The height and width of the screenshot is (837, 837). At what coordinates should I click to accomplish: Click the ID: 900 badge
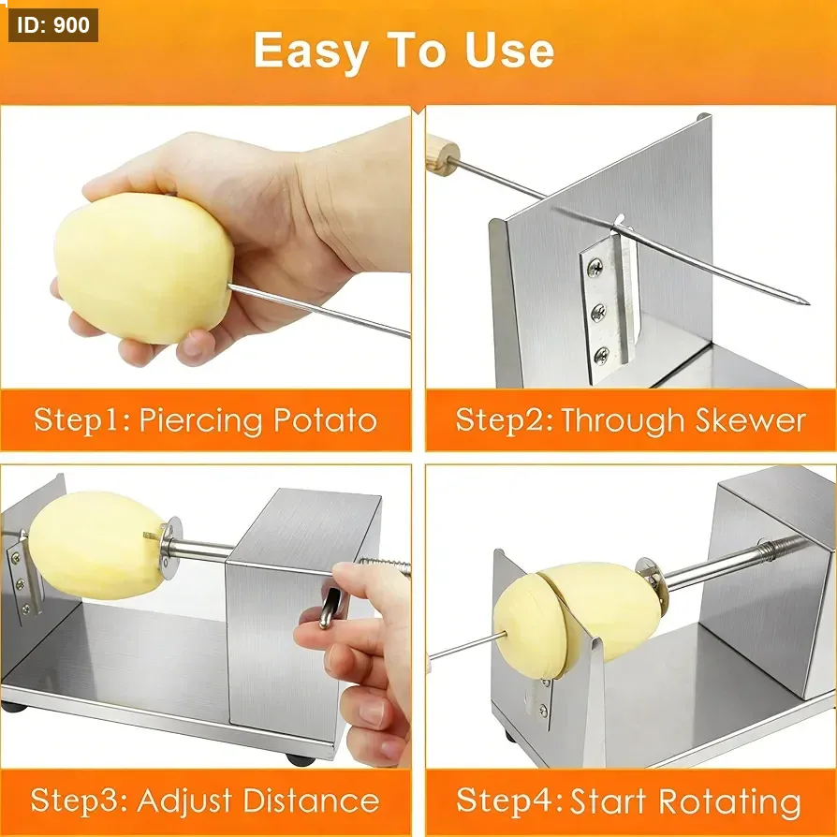pos(53,25)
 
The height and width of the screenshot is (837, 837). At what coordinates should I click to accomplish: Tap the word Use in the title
pos(509,51)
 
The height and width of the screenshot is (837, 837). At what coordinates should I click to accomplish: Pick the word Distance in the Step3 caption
pos(311,800)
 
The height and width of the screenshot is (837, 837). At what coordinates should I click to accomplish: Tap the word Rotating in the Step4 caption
pos(729,802)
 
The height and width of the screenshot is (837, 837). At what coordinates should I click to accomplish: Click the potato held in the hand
pos(143,268)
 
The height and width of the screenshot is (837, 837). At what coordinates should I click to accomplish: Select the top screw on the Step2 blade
pos(595,268)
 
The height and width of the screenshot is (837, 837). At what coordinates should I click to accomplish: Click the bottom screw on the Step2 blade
pos(601,355)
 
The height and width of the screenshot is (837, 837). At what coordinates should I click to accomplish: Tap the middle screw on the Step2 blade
pos(598,312)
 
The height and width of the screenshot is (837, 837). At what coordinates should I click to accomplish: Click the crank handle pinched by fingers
pos(329,607)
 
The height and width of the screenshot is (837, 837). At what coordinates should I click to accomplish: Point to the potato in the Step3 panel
pos(96,545)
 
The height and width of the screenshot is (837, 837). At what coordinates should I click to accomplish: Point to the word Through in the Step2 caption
pos(623,420)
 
